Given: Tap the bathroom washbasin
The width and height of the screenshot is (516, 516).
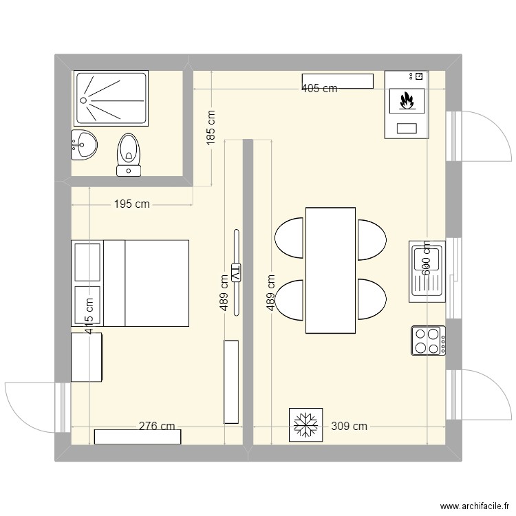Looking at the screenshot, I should pos(84,145).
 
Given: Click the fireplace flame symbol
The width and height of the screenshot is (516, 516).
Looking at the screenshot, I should pos(407,102).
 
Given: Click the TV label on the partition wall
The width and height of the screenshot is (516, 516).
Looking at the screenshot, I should pos(236,272).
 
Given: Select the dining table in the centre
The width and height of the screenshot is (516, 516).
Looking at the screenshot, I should pos(330,270).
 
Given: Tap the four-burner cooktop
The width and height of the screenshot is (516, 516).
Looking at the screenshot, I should pos(428,341).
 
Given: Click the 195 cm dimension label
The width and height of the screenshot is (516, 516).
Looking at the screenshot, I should pos(131,204).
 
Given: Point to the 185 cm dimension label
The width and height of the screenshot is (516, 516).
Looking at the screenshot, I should pos(211,127).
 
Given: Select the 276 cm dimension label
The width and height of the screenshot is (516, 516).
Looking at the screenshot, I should pos(157,426).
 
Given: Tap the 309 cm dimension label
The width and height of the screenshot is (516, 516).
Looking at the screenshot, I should pos(350,426).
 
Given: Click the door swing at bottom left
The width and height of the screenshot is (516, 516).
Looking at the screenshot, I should pos(31,406).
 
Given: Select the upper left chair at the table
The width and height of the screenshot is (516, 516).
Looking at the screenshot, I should pos(290,238).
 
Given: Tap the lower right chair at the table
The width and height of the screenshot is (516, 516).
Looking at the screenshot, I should pos(371,300).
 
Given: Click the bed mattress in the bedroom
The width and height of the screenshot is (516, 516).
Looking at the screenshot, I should pos(156,283).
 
